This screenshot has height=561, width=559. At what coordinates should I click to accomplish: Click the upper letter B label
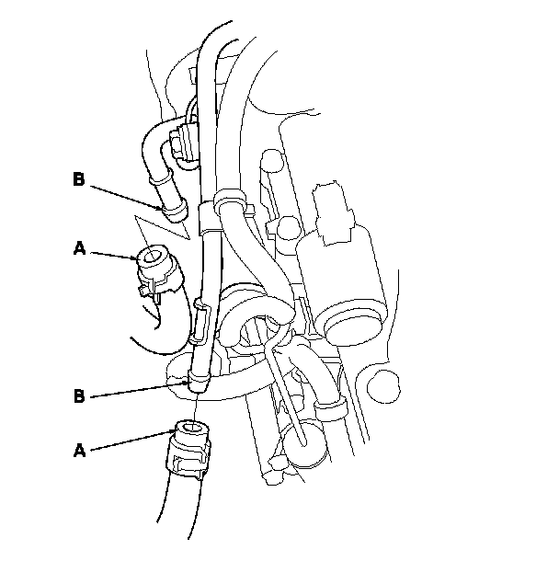(x=78, y=178)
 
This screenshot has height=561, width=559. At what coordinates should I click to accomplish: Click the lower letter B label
(x=79, y=396)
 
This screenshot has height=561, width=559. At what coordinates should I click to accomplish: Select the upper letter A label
(x=79, y=247)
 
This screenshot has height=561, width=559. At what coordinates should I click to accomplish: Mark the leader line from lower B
(x=138, y=388)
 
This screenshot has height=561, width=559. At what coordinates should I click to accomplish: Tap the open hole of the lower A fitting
(x=188, y=428)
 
